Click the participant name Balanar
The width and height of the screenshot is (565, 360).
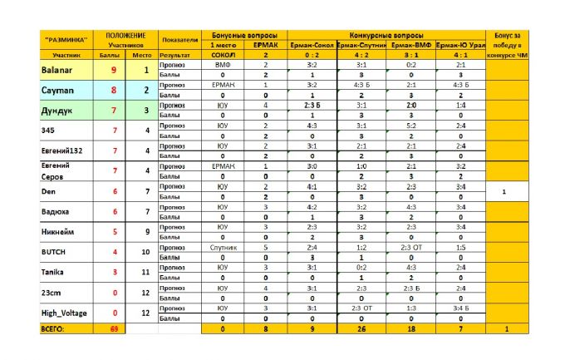[57, 71]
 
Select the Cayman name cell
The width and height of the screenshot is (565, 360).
[56, 89]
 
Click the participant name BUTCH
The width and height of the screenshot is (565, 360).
[53, 251]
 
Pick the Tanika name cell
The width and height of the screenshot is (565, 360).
[52, 272]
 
